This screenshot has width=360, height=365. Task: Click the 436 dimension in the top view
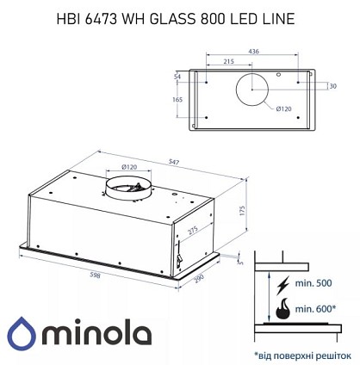click(253, 52)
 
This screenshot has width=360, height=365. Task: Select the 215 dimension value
click(229, 61)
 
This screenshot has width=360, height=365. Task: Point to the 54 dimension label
click(177, 77)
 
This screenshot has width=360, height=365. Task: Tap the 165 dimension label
click(177, 100)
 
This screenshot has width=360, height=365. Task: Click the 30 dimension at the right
click(333, 86)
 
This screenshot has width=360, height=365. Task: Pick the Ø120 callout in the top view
click(283, 108)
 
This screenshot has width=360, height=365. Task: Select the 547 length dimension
click(174, 162)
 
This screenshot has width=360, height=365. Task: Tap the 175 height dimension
click(243, 210)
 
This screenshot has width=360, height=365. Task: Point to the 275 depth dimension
click(193, 231)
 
